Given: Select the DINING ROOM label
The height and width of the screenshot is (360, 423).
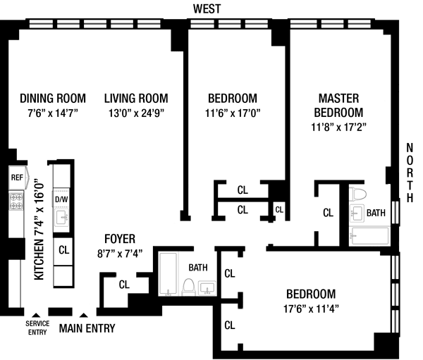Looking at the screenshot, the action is (53, 98).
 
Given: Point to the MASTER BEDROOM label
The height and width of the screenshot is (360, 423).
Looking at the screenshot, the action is (338, 105).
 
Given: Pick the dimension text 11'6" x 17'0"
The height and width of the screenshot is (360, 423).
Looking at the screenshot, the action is (232, 113).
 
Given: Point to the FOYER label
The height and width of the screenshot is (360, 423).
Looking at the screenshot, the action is (120, 239).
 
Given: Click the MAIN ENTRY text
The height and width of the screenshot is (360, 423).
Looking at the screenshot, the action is (87, 328).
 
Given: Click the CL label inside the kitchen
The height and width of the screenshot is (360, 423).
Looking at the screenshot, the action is (63, 249).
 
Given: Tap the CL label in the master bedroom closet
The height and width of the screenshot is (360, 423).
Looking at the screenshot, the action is (328, 212).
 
